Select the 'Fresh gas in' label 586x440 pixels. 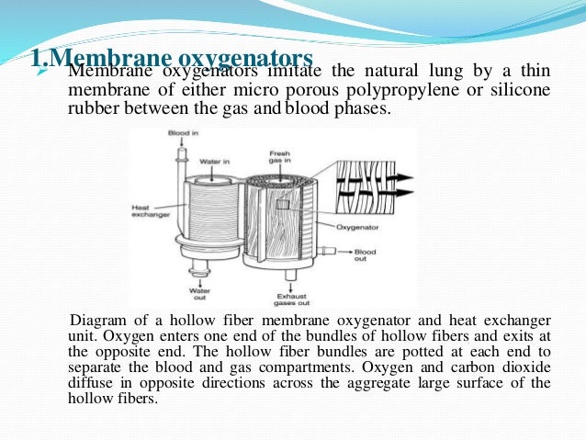tap(279, 157)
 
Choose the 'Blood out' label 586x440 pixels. tap(364, 254)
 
